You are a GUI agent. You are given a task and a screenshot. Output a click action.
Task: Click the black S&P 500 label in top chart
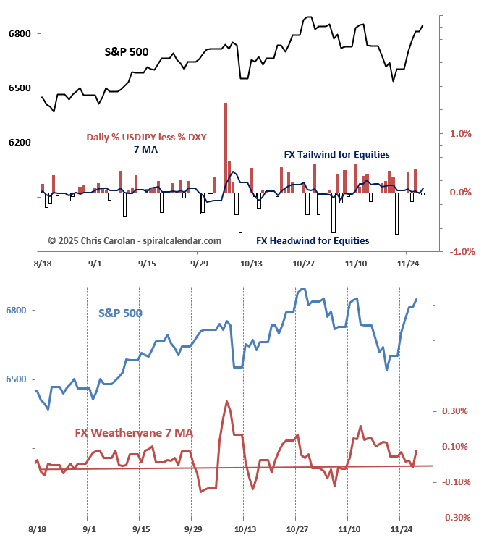coord(126,52)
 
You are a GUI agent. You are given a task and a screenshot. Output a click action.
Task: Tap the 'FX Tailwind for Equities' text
coord(336,154)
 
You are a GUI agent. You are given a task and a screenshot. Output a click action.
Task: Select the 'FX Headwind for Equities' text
coord(313,240)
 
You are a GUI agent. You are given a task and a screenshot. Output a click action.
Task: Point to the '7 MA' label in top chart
coord(145,150)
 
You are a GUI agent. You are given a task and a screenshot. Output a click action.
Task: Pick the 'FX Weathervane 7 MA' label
coord(135,433)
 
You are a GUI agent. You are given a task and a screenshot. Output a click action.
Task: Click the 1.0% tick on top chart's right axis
coord(461,134)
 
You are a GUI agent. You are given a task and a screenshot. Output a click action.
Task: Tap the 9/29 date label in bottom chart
coord(191,531)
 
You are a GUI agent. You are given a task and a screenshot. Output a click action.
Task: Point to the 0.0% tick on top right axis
coord(461,193)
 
